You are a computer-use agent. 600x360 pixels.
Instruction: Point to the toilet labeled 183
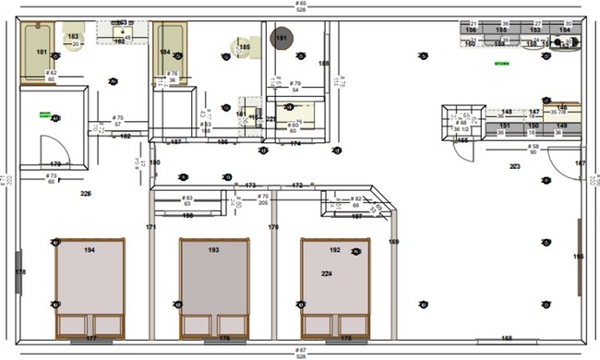(74, 38)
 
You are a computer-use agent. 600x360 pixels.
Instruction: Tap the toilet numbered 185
(244, 47)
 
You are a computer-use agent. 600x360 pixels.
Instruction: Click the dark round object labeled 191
(282, 38)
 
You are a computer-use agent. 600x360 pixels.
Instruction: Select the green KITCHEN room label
(502, 64)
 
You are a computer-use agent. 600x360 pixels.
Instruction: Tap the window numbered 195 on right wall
(579, 256)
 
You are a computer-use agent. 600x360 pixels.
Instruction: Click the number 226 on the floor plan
(86, 194)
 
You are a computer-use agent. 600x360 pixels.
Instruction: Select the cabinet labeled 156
(471, 30)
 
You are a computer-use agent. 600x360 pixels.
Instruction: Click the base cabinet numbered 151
(505, 125)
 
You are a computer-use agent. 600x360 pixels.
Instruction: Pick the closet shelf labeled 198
(187, 216)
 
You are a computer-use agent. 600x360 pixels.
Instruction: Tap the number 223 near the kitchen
(515, 166)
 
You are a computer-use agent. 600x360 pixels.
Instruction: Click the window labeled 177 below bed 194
(90, 339)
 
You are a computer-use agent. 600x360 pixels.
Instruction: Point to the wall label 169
(393, 242)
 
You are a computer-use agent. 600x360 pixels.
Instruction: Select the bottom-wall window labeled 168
(506, 339)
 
